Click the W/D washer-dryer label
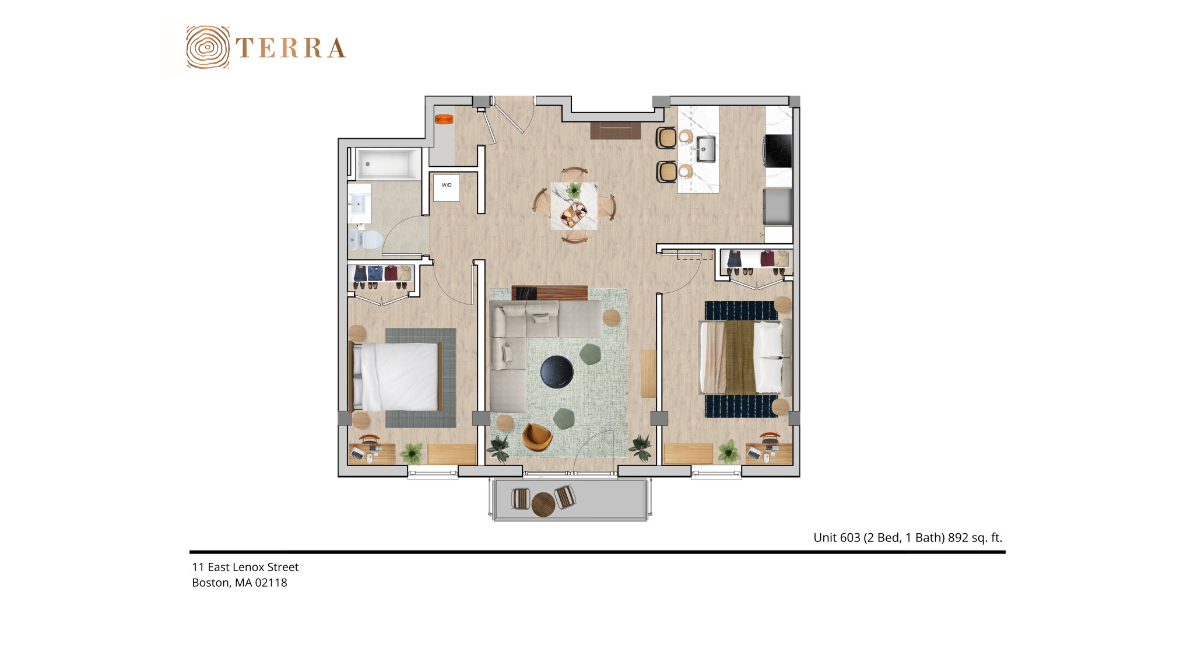pyautogui.click(x=447, y=185)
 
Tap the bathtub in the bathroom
pyautogui.click(x=388, y=164)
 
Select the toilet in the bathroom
pyautogui.click(x=366, y=239)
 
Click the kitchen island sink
pyautogui.click(x=705, y=149)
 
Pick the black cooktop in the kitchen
pyautogui.click(x=778, y=151)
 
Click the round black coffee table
pyautogui.click(x=557, y=372)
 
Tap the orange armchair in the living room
pyautogui.click(x=536, y=437)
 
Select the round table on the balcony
pyautogui.click(x=543, y=504)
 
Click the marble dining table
pyautogui.click(x=574, y=206)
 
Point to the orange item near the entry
pyautogui.click(x=444, y=119)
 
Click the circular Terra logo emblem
pyautogui.click(x=208, y=47)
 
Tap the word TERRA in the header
pyautogui.click(x=291, y=48)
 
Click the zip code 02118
pyautogui.click(x=271, y=583)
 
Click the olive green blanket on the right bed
pyautogui.click(x=740, y=358)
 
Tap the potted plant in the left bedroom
pyautogui.click(x=412, y=452)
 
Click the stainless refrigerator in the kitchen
pyautogui.click(x=778, y=206)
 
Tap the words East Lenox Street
pyautogui.click(x=253, y=567)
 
